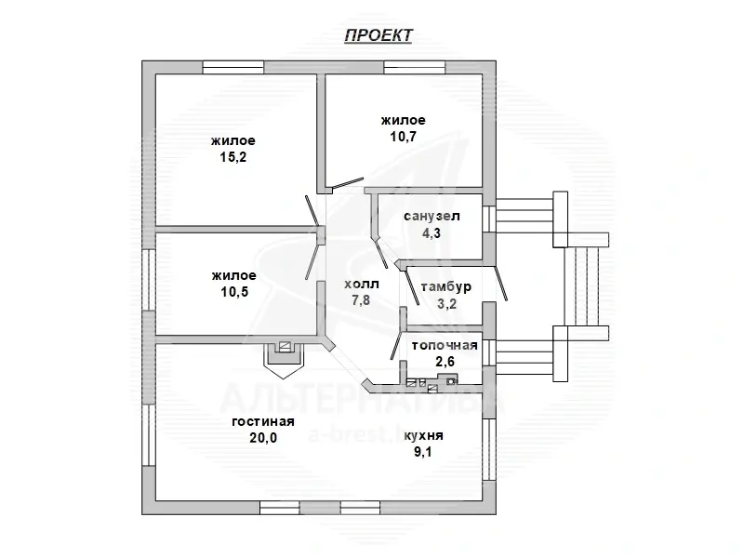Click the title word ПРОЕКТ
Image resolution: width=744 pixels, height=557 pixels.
379,35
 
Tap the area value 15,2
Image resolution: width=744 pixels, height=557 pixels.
233,157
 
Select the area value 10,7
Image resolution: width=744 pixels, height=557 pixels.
404,137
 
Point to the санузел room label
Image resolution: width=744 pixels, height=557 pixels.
432,217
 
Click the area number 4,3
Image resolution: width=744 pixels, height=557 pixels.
432,233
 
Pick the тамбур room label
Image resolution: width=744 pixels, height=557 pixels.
446,287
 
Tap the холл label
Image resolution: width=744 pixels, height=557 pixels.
362,285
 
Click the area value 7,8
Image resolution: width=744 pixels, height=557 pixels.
361,299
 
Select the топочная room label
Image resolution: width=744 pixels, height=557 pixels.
445,345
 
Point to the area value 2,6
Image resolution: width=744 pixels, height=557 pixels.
445,362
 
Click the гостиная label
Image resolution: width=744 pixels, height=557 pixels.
263,421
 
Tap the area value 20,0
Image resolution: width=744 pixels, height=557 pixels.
263,437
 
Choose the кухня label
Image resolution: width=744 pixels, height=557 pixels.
423,435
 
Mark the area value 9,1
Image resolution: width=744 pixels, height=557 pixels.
423,452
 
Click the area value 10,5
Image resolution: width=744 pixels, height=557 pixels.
234,292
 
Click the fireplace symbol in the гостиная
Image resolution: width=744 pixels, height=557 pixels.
284,359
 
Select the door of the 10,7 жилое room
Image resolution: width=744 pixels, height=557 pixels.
348,183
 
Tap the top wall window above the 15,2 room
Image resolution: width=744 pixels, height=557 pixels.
233,67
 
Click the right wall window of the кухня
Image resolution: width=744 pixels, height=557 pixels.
489,449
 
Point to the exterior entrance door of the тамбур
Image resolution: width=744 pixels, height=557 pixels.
501,284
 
